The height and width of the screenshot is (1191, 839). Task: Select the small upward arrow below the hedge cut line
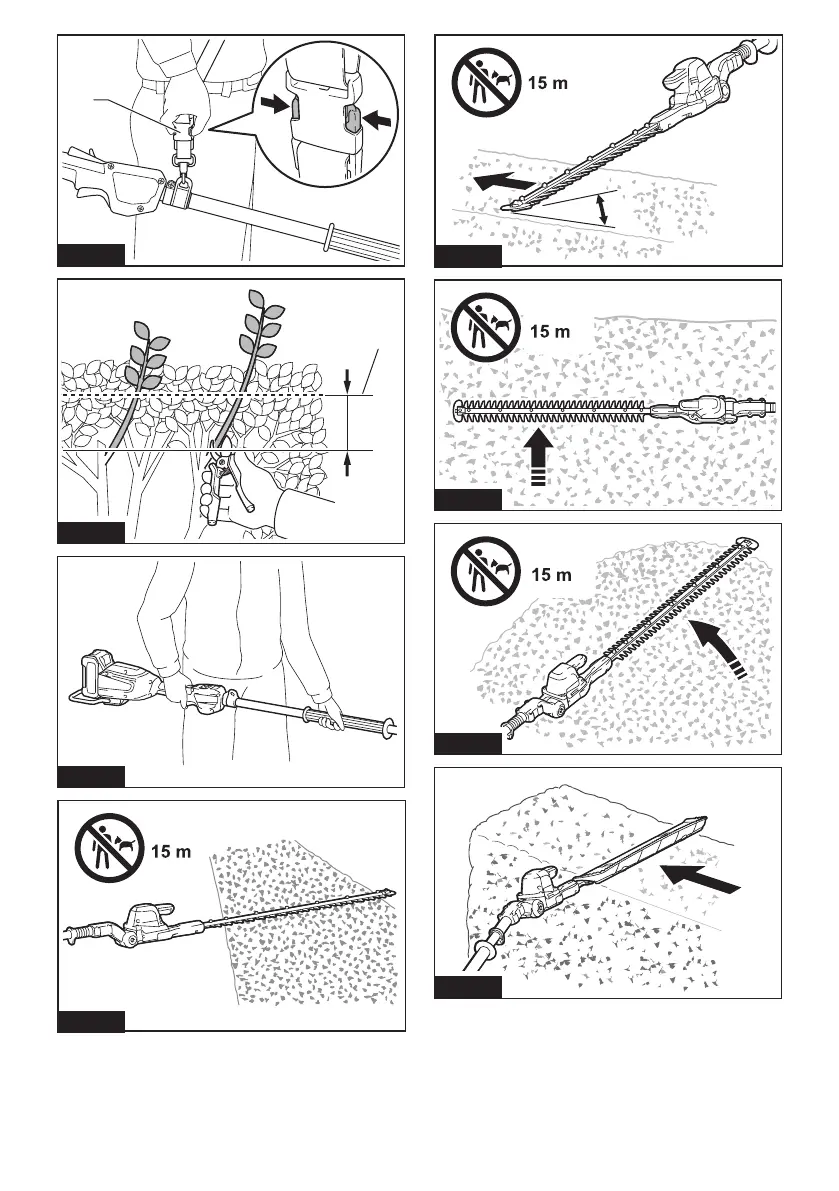click(347, 464)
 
